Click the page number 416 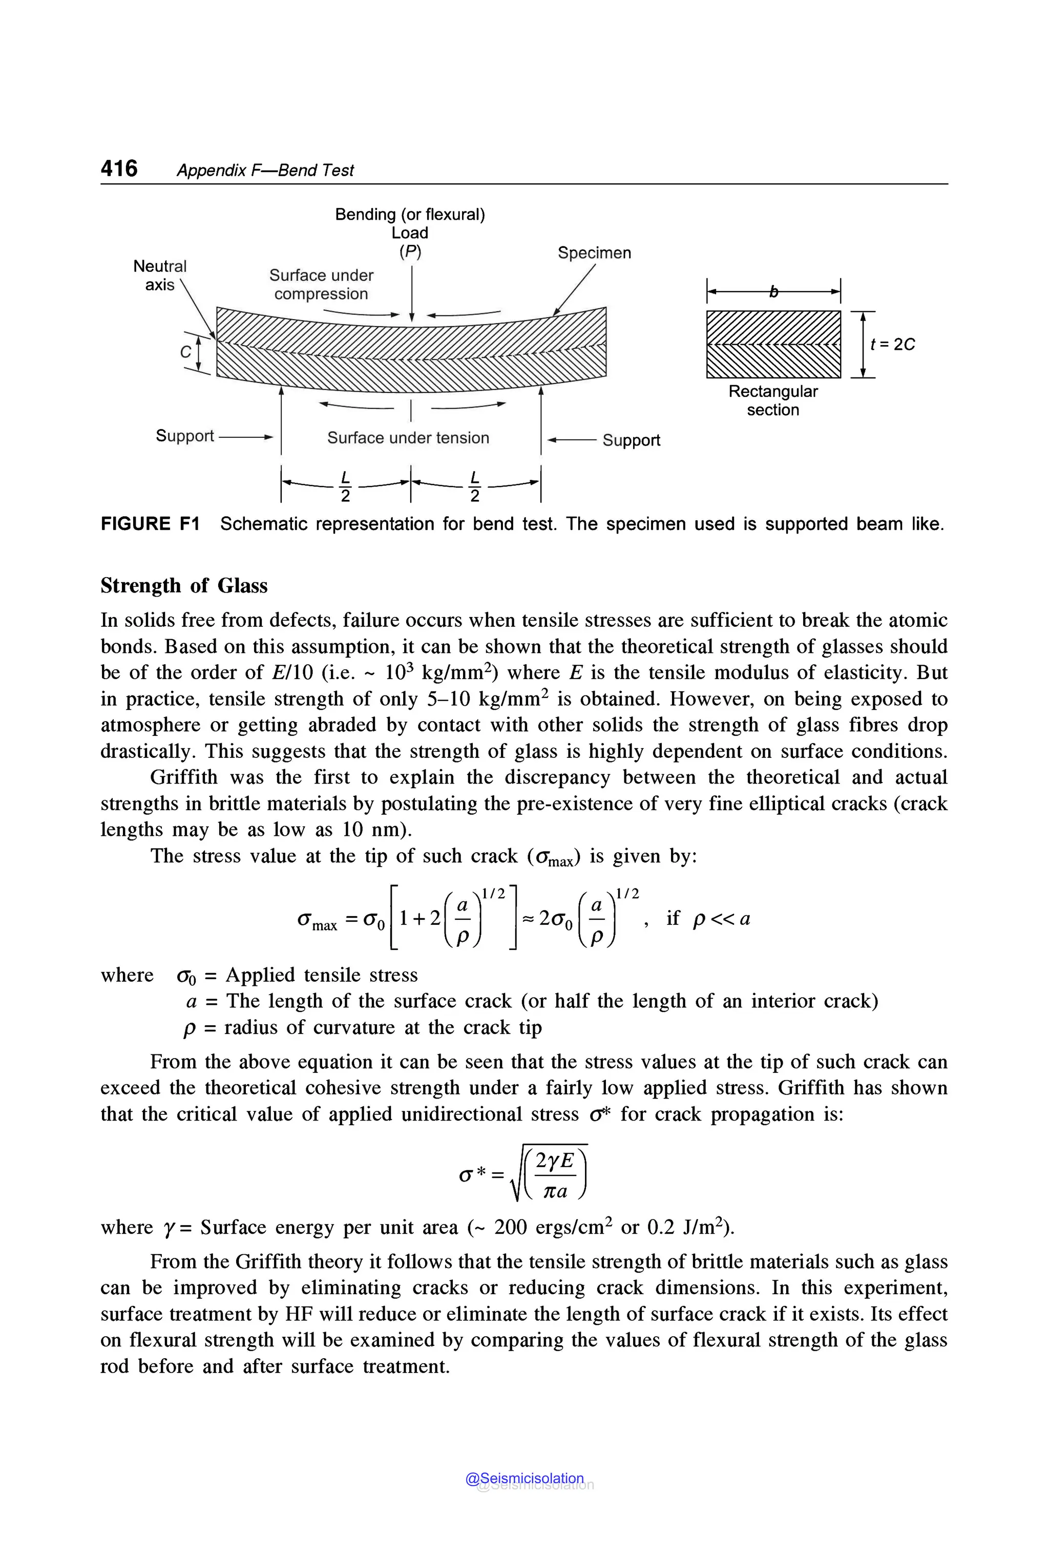click(119, 168)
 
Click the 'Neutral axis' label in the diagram click(160, 275)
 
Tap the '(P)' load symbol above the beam click(410, 251)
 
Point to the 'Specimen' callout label click(594, 253)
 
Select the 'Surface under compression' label click(321, 284)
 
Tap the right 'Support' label click(631, 440)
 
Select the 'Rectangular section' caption click(773, 400)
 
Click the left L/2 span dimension click(345, 486)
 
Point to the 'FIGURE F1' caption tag click(150, 524)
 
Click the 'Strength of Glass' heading click(184, 585)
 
